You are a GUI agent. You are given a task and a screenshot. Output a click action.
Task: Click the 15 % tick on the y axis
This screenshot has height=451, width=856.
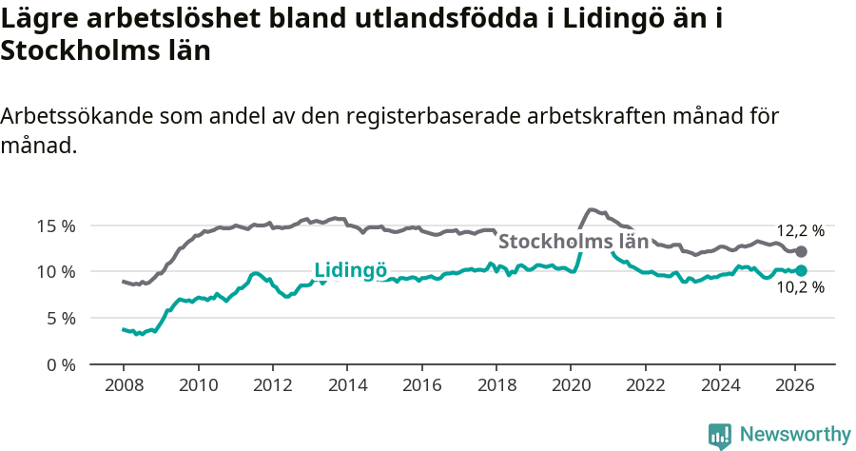click(56, 226)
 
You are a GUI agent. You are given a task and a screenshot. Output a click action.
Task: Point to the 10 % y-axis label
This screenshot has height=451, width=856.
click(56, 272)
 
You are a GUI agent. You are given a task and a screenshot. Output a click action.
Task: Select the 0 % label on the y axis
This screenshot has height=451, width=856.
click(60, 364)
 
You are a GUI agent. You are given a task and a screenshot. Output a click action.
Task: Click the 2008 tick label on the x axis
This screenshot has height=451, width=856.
click(124, 386)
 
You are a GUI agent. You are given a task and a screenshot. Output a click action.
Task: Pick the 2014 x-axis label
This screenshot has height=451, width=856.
click(347, 386)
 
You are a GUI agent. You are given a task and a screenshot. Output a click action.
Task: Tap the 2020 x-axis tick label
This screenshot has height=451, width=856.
click(571, 386)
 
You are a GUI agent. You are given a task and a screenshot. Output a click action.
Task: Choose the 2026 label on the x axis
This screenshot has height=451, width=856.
click(794, 386)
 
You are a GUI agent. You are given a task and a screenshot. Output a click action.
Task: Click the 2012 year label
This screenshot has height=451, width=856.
click(273, 386)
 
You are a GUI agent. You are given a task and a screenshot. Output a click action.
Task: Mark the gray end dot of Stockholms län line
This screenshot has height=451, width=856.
click(802, 251)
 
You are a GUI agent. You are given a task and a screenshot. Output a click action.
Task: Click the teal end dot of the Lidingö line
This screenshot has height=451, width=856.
click(802, 270)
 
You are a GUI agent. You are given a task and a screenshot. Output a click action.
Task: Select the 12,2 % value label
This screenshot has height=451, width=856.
click(801, 230)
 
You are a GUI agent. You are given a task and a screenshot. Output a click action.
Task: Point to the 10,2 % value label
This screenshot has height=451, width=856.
click(801, 289)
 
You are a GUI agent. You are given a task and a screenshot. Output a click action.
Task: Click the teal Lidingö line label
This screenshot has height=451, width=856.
click(350, 270)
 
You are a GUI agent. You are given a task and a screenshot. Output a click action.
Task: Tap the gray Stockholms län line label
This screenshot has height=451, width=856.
click(574, 242)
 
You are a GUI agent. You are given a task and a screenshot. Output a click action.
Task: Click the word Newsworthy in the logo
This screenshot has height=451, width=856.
click(795, 434)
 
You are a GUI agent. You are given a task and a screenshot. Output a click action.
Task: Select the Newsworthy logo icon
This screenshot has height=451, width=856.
click(720, 435)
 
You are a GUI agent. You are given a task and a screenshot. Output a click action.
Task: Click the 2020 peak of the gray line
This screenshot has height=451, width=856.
click(592, 209)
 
